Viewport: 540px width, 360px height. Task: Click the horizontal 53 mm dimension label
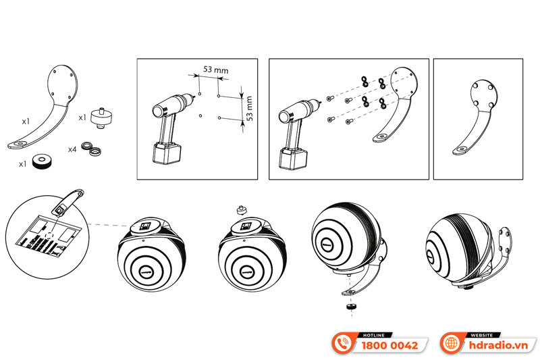[x=215, y=70]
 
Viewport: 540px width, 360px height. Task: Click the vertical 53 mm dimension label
[x=249, y=108]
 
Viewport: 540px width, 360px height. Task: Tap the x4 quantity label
[x=72, y=149]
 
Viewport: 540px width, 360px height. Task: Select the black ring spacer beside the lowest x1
[x=42, y=161]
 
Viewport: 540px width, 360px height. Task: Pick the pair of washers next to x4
[x=92, y=148]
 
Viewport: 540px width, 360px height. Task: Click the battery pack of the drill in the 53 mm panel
[x=167, y=153]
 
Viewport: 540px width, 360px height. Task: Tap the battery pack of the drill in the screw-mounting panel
[x=293, y=159]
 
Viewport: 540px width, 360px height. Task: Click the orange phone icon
[x=343, y=343]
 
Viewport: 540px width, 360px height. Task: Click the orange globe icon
[x=451, y=343]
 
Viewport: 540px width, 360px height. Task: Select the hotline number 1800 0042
[x=389, y=346]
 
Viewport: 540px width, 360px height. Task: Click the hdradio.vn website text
[x=498, y=345]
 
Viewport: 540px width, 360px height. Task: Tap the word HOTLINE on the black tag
[x=374, y=335]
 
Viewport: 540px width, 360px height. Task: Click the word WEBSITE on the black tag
[x=481, y=335]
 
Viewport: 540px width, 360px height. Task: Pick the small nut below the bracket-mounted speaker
[x=351, y=306]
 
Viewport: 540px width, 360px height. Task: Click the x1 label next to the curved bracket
[x=26, y=122]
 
